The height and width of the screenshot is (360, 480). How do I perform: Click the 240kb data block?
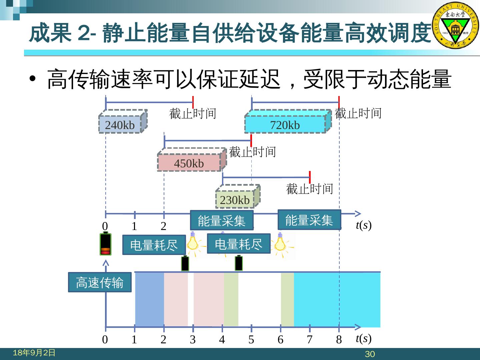click(120, 125)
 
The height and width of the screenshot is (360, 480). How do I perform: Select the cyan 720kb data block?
click(285, 125)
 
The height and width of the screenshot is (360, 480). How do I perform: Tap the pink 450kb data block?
click(189, 163)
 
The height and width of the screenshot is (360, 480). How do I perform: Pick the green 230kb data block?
click(235, 200)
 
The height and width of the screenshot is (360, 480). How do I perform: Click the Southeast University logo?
click(455, 26)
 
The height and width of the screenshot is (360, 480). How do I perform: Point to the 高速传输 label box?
click(100, 282)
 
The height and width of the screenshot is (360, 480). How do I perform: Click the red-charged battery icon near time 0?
click(106, 244)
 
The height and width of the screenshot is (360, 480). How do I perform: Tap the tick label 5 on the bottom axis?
click(251, 340)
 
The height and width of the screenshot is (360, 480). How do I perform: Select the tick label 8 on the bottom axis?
click(339, 340)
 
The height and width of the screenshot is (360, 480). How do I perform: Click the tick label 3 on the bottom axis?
click(193, 340)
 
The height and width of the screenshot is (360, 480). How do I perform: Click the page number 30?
click(370, 354)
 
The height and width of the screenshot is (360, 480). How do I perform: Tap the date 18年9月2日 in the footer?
click(34, 353)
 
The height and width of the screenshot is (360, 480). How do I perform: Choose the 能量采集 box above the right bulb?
click(309, 220)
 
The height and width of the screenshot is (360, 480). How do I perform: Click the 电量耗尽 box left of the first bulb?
click(154, 245)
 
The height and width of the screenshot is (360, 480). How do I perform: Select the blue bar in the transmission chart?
click(149, 299)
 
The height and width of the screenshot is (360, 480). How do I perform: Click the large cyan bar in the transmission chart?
click(337, 299)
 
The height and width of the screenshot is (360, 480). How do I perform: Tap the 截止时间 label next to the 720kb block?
click(358, 113)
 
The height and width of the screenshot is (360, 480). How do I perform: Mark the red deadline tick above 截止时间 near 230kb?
click(310, 177)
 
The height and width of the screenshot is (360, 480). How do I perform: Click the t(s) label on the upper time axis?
click(363, 225)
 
